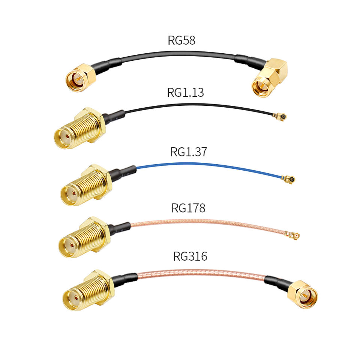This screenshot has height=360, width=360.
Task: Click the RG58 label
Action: point(181,40)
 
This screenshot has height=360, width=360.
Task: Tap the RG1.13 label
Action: point(185,92)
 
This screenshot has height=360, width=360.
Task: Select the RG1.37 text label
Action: point(188,152)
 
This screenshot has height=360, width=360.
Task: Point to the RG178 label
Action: point(188,208)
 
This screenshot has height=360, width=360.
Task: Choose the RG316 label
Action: point(190,256)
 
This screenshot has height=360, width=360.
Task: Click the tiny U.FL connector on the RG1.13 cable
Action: point(279,117)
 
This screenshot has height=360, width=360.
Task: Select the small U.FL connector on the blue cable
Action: point(289,179)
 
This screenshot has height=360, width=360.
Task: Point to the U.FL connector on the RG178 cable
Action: point(293,235)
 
